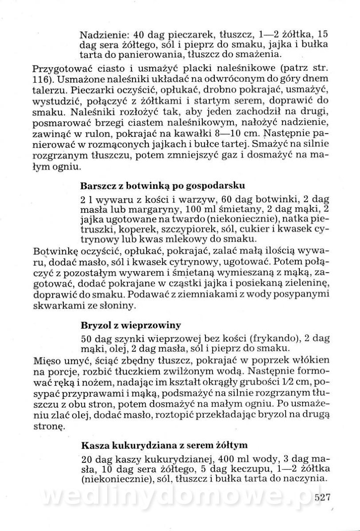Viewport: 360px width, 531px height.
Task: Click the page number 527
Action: (x=323, y=498)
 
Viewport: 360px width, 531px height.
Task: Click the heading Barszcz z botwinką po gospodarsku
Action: (x=163, y=184)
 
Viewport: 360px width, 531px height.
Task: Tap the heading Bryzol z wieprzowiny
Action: (x=131, y=325)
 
